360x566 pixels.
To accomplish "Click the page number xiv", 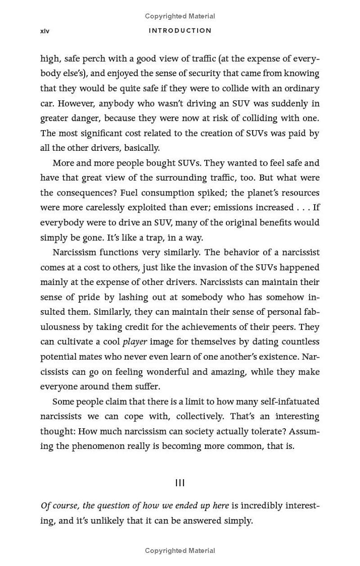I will pos(45,31).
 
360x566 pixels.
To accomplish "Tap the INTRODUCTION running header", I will pos(180,31).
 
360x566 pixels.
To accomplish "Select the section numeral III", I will pos(180,483).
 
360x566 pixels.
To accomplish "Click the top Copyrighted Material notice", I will pos(180,16).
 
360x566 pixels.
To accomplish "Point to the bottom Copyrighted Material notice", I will pos(180,550).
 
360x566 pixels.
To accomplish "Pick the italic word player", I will pos(135,342).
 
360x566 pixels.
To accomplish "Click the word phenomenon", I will pos(99,446).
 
